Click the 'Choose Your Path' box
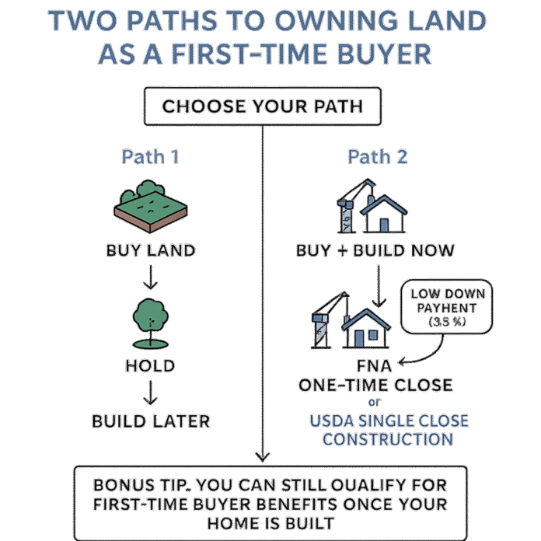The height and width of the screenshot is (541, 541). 262,106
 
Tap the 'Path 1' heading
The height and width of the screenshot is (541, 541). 150,157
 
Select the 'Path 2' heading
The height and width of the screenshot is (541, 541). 377,157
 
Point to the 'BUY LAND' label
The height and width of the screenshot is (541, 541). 150,251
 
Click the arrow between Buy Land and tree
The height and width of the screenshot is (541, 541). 150,277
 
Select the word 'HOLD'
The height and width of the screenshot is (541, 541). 150,365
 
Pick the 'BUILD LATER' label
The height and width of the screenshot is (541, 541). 150,422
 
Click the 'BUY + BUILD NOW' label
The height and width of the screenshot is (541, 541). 375,251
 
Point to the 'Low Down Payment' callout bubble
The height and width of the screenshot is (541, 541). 448,307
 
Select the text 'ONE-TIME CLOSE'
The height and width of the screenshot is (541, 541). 375,386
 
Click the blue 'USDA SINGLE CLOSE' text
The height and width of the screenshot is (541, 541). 389,421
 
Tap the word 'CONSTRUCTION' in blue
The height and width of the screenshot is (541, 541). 388,439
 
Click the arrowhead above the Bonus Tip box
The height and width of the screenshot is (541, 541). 262,456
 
